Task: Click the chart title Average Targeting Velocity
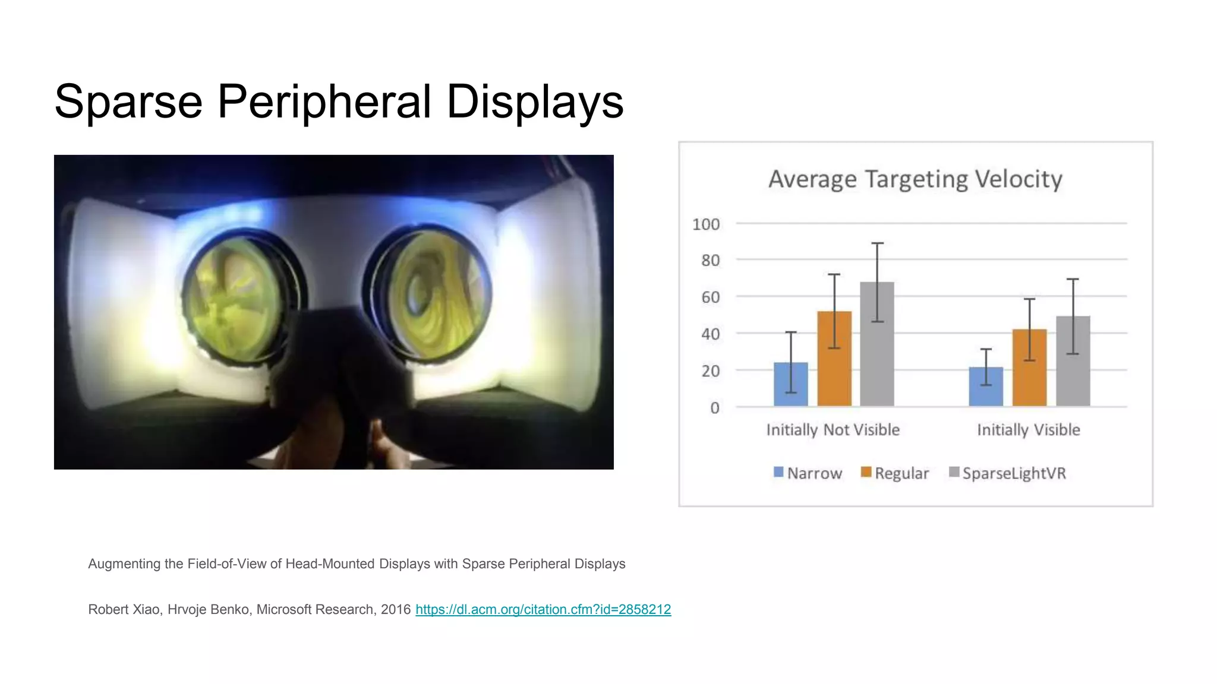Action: click(915, 179)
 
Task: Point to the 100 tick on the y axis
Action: click(706, 224)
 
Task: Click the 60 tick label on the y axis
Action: click(710, 297)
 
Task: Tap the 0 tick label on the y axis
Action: click(714, 408)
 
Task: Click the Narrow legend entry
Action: click(808, 473)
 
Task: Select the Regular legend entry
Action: click(895, 473)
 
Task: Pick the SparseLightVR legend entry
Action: click(1008, 473)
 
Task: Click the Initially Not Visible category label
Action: click(833, 430)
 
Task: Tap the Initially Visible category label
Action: click(1029, 430)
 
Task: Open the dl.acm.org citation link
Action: click(543, 610)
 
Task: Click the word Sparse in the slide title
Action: click(128, 102)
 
